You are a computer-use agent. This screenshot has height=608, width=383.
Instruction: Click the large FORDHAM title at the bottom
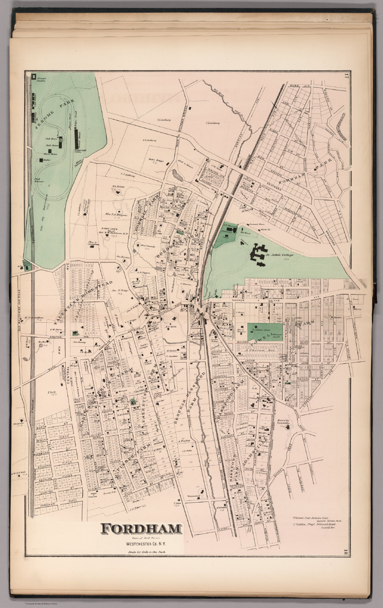141,528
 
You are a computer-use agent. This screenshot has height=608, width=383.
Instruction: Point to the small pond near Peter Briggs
176,175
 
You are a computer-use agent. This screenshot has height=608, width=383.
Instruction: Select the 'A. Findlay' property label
184,440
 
